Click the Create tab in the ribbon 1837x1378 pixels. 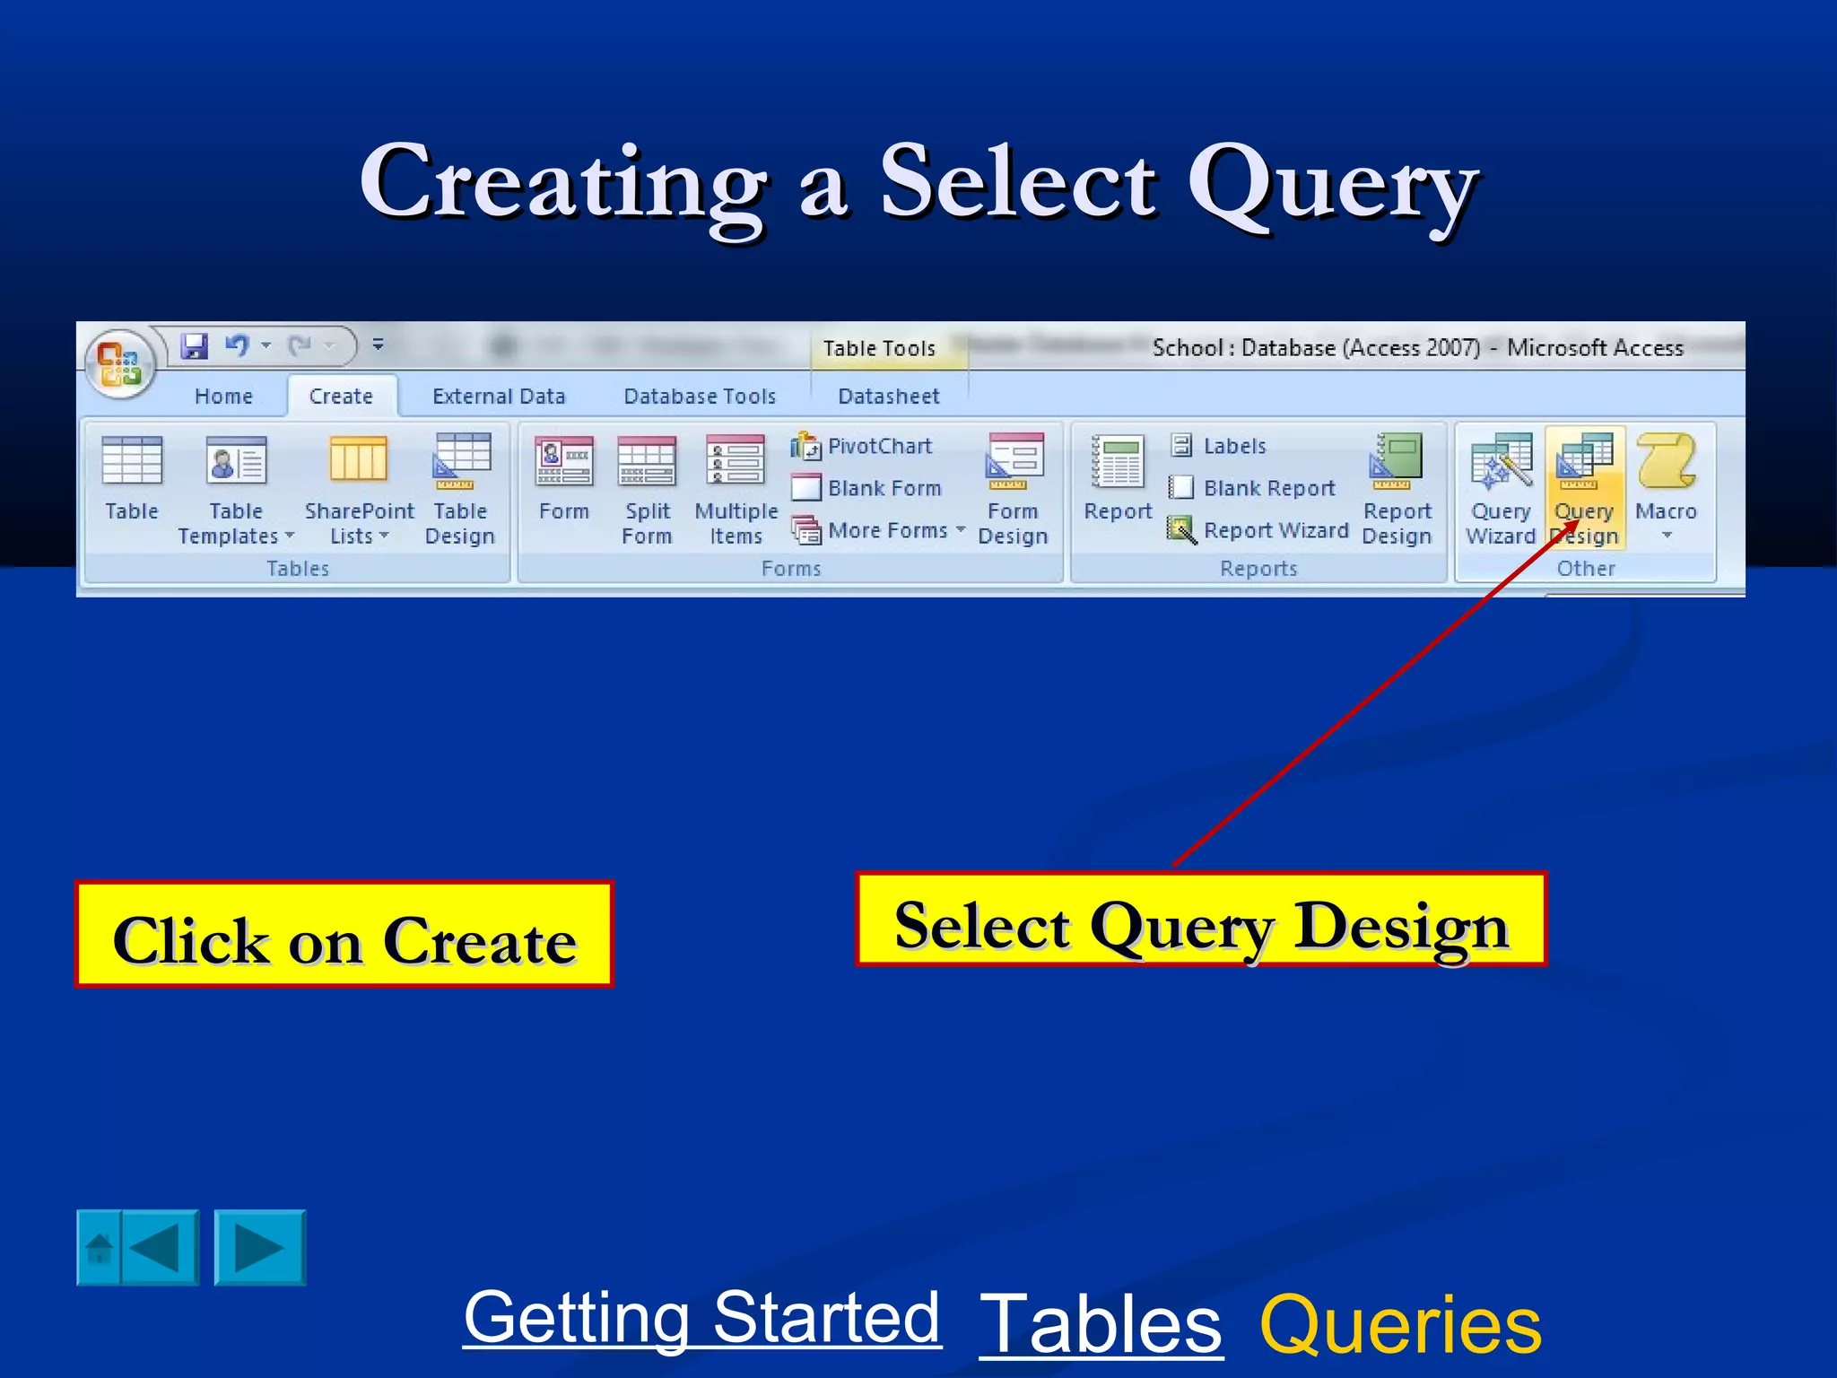(x=341, y=397)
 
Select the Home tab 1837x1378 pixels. (x=223, y=397)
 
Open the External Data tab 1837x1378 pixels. (x=499, y=397)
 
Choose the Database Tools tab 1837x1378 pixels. (x=700, y=397)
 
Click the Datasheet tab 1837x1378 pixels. (x=888, y=397)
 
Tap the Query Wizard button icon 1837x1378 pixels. (x=1501, y=463)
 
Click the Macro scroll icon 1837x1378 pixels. (x=1666, y=461)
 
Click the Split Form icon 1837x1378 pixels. (x=647, y=462)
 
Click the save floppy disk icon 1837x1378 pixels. (x=194, y=345)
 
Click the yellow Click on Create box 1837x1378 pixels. (x=344, y=935)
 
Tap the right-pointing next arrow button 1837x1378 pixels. (x=260, y=1248)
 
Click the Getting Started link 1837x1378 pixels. (x=701, y=1318)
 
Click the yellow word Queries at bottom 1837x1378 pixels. (x=1399, y=1324)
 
